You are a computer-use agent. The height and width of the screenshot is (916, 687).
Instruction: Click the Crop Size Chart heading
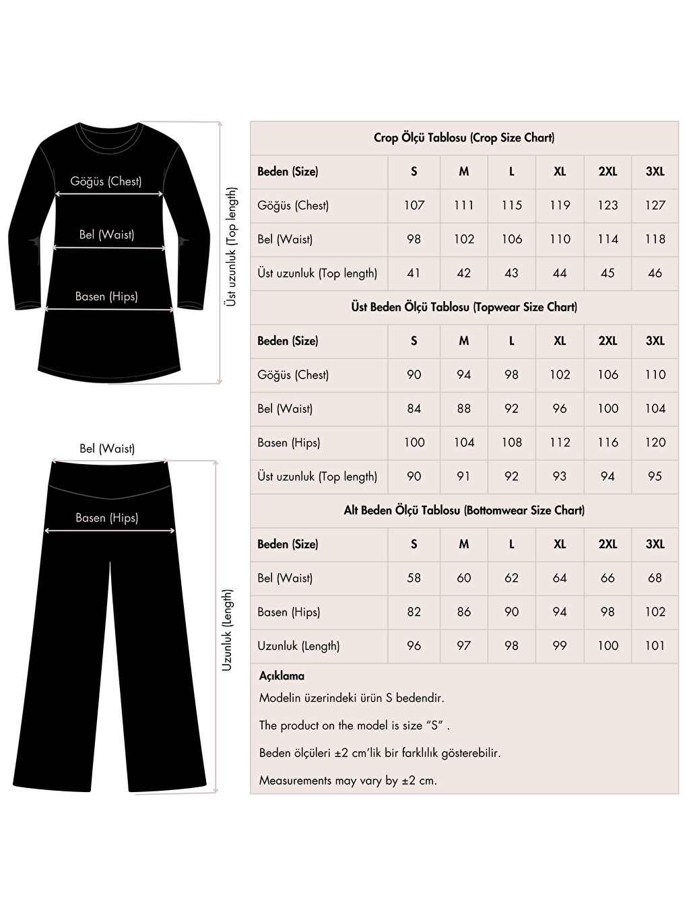click(x=464, y=137)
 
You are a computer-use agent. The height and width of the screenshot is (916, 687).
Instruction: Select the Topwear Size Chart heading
click(x=464, y=307)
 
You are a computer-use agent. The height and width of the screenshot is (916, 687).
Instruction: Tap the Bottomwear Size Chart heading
click(x=464, y=510)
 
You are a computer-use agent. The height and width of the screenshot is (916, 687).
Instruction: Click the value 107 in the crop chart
click(x=414, y=205)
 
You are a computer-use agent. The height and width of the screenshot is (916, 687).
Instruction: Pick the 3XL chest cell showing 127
click(x=655, y=205)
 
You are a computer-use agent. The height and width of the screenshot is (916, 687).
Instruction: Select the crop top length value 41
click(x=414, y=273)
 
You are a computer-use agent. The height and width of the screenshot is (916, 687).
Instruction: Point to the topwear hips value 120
click(x=655, y=443)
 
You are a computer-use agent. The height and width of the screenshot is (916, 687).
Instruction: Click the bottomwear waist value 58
click(x=414, y=578)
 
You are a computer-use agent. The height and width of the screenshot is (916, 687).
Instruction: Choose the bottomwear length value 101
click(x=655, y=646)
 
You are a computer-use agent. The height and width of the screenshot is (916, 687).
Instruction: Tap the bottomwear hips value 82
click(x=414, y=612)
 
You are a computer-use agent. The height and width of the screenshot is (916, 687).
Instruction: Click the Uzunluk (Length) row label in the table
click(x=298, y=646)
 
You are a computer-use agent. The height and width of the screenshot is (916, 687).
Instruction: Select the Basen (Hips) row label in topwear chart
click(x=288, y=443)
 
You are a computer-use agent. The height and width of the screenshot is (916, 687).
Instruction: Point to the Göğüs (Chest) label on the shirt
click(x=106, y=181)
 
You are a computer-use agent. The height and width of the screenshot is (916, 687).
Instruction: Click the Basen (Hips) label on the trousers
click(x=106, y=517)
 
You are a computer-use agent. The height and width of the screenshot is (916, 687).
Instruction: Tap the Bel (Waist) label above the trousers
click(x=107, y=449)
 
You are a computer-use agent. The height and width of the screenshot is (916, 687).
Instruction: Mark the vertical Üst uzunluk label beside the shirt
click(x=231, y=247)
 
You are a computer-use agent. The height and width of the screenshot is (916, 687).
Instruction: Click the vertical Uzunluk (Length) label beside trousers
click(x=227, y=630)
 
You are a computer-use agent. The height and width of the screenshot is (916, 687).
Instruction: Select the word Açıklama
click(x=282, y=676)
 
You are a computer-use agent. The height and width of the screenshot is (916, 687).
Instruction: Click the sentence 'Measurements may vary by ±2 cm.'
click(x=348, y=781)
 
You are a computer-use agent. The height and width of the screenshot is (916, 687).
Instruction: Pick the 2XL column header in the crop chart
click(x=608, y=172)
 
